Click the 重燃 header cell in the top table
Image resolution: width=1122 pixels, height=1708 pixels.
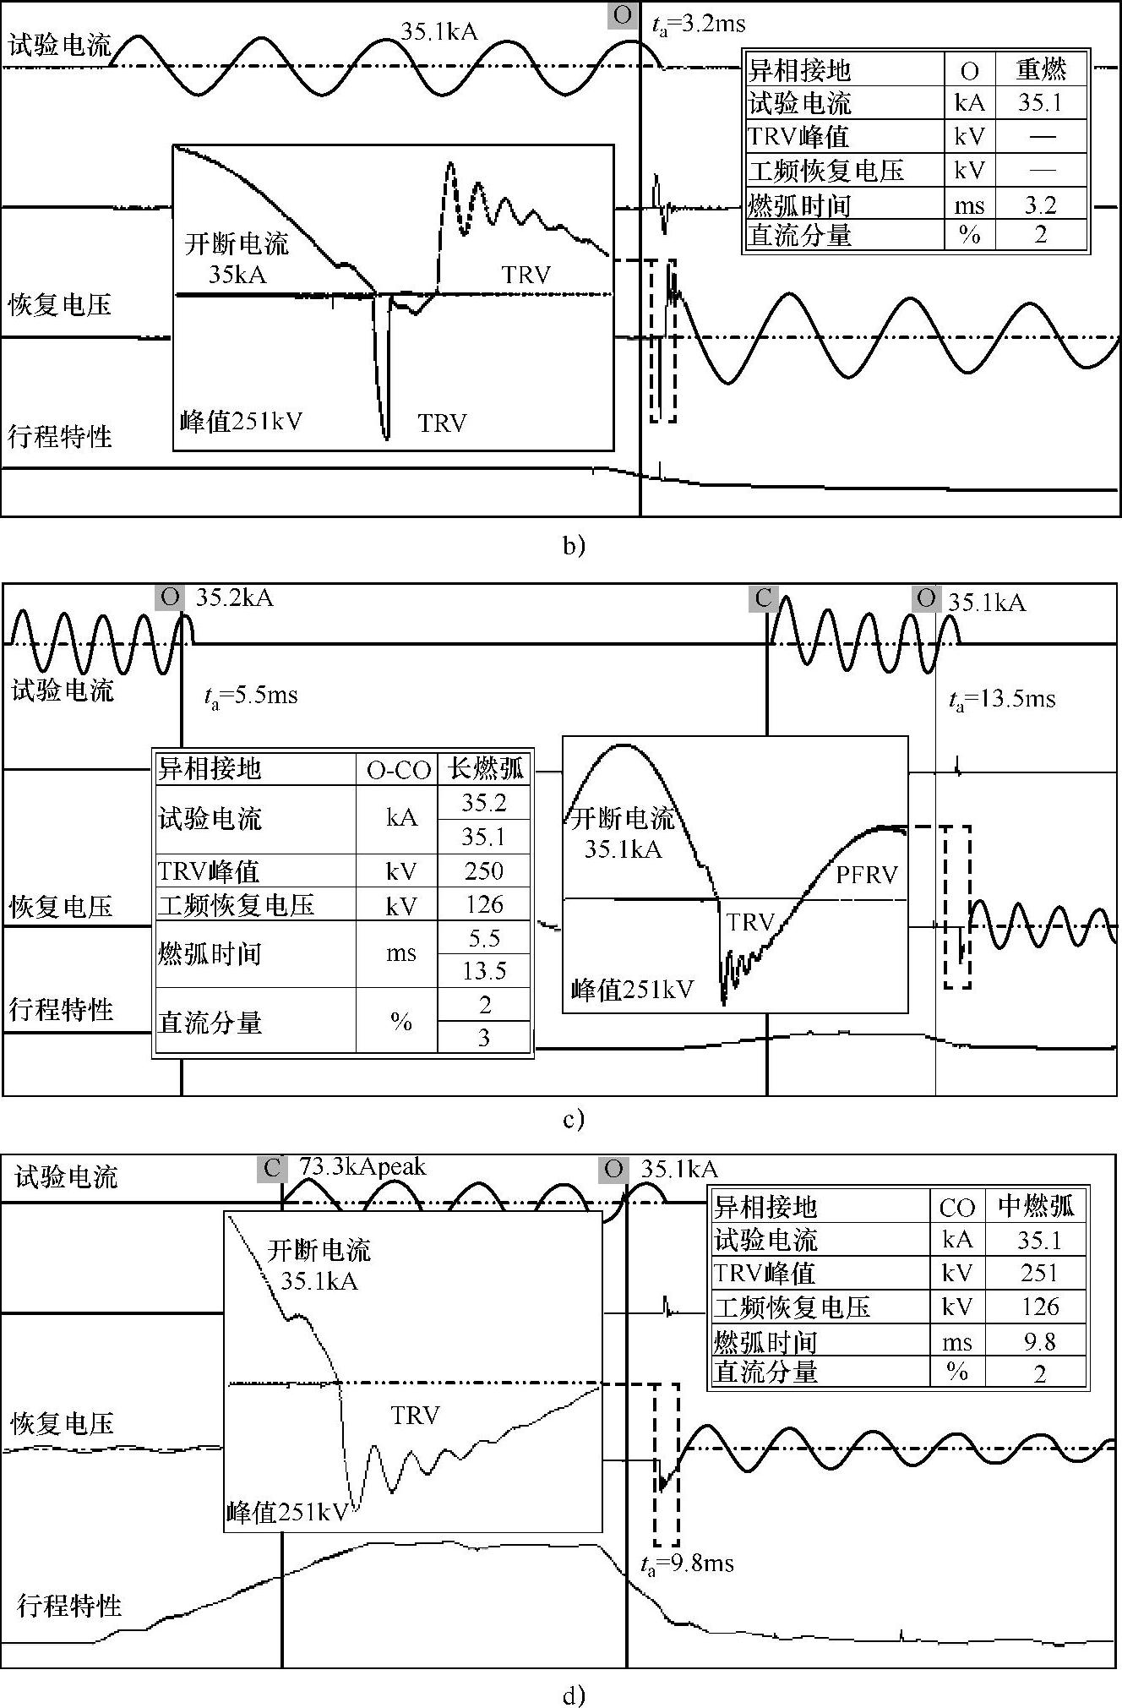coord(1041,68)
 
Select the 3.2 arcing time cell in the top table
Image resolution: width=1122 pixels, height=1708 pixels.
coord(1040,205)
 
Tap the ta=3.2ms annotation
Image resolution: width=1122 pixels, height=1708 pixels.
coord(697,24)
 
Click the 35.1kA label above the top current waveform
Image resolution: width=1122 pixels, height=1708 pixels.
coord(438,32)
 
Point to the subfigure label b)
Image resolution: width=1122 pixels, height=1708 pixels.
coord(574,545)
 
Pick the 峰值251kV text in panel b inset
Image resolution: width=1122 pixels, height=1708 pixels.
coord(241,420)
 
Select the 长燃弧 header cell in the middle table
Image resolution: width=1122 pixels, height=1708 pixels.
coord(484,767)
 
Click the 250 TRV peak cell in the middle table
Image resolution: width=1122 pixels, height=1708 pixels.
coord(483,870)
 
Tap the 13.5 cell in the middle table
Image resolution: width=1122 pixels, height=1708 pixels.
coord(483,970)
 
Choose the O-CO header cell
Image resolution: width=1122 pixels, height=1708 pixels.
coord(398,769)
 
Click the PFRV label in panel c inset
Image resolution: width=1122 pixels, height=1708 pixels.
coord(867,874)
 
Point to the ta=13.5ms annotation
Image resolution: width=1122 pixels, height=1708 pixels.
coord(1002,700)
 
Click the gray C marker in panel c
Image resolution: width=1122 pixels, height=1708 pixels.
coord(763,598)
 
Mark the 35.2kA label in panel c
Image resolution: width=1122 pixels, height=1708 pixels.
coord(234,598)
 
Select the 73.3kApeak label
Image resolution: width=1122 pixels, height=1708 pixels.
coord(362,1167)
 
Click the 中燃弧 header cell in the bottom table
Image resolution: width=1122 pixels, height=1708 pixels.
coord(1037,1205)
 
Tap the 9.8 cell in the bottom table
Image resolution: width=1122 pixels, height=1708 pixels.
coord(1039,1341)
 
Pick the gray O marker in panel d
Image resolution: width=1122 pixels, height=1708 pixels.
coord(613,1170)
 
